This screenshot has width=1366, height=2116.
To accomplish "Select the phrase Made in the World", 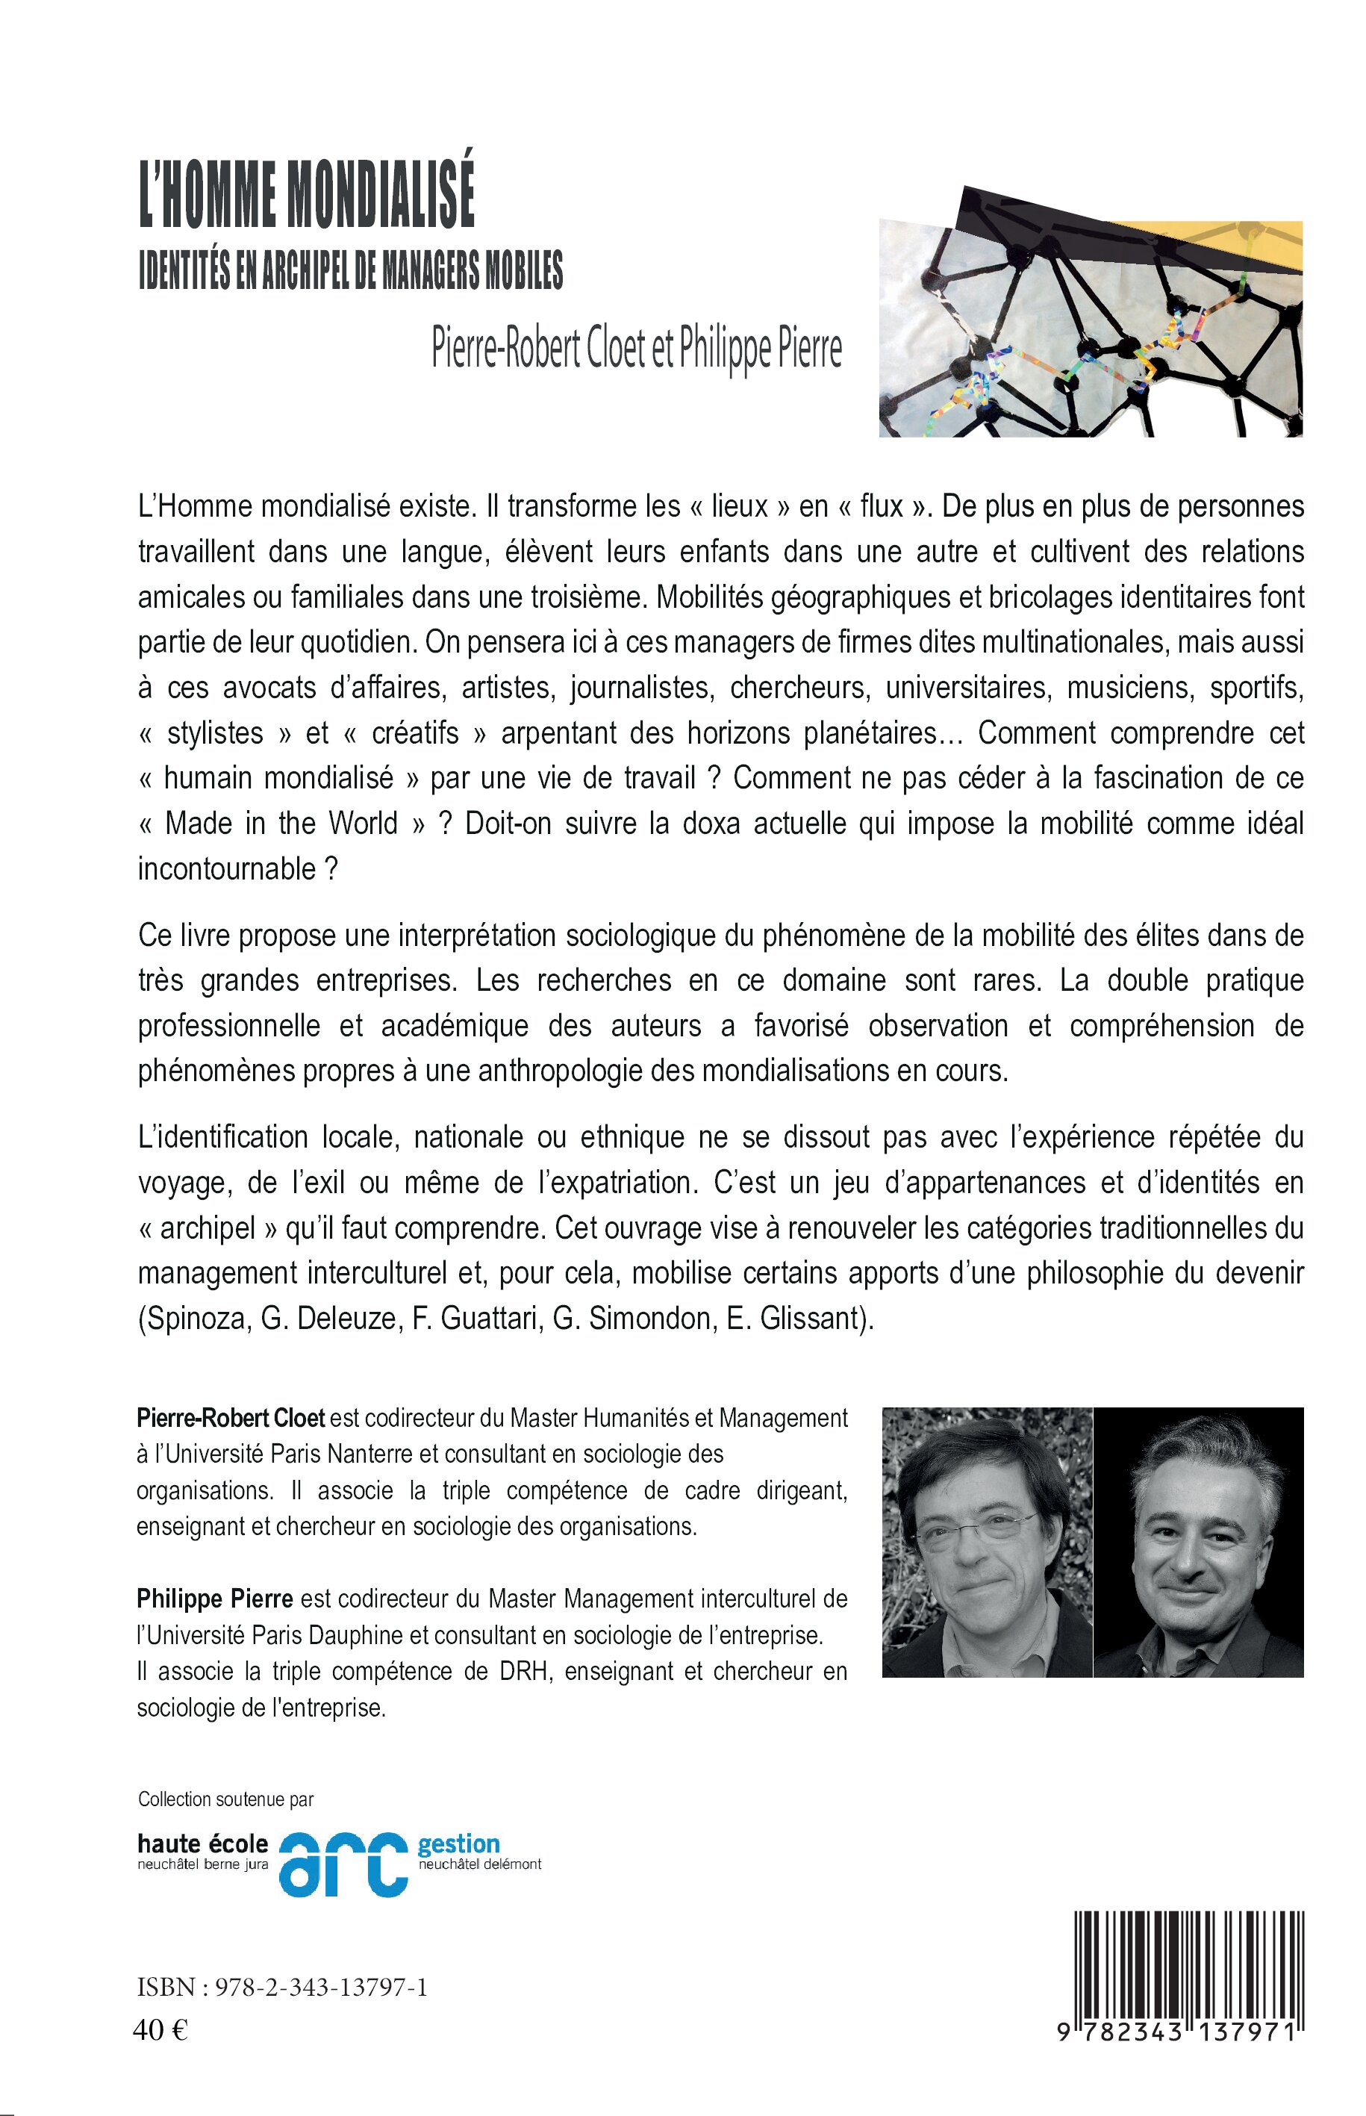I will click(281, 824).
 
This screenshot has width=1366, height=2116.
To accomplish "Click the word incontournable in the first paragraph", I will click(226, 868).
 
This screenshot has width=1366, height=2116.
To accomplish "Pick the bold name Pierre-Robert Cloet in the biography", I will click(231, 1418).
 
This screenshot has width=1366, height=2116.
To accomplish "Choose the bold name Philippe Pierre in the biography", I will click(215, 1599).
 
